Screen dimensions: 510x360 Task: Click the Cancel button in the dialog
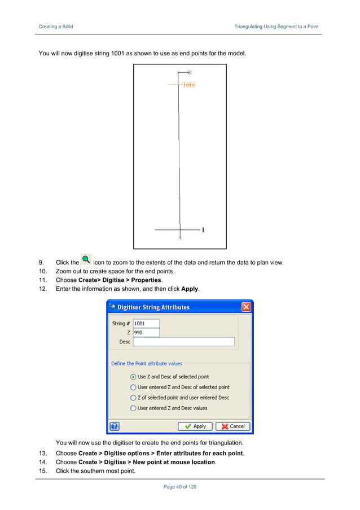232,426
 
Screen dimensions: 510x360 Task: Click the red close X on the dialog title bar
246,307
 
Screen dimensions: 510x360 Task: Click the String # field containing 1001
146,324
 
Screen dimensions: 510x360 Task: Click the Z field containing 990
146,333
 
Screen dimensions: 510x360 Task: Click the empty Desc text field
183,342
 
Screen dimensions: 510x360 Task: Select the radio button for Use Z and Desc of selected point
133,377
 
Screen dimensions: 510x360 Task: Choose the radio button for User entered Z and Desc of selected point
133,387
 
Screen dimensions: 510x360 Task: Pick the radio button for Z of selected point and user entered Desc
133,398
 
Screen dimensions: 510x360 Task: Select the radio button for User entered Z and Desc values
133,408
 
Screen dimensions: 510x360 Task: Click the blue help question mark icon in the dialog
114,426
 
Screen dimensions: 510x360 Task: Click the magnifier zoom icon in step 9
86,260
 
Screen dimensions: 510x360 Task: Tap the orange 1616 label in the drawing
189,85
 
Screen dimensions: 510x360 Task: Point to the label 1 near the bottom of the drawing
203,230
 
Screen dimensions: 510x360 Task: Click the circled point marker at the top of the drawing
189,72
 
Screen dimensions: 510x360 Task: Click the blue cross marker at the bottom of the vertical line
180,238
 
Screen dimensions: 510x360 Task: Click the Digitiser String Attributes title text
153,307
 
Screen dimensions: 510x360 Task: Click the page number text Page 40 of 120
179,487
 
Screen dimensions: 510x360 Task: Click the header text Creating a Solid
55,27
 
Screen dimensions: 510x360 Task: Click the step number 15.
42,471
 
